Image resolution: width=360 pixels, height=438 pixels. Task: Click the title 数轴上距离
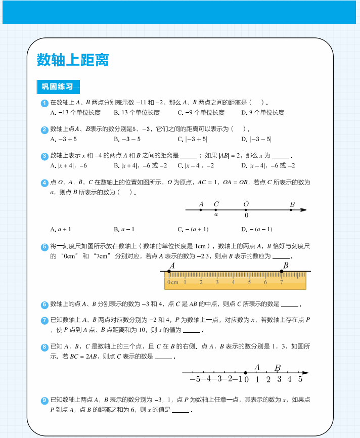[73, 60]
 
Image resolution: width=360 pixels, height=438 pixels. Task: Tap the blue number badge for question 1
[44, 103]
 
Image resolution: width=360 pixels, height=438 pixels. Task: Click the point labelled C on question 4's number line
[216, 209]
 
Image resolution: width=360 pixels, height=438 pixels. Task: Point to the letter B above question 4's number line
[292, 204]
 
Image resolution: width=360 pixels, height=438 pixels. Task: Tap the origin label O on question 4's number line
[246, 204]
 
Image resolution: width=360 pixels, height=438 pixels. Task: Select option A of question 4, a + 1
[61, 229]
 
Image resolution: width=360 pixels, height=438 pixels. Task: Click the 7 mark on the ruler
[282, 282]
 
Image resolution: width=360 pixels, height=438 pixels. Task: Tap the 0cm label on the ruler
[173, 282]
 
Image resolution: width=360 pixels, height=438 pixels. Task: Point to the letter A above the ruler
[172, 266]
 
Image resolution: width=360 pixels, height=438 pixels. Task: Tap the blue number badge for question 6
[44, 304]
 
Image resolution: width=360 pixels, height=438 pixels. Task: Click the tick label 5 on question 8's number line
[300, 379]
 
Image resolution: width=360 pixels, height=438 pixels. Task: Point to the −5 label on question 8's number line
[195, 379]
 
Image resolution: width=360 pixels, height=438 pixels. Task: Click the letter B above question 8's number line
[278, 368]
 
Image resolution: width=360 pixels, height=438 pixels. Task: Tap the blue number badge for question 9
[44, 401]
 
